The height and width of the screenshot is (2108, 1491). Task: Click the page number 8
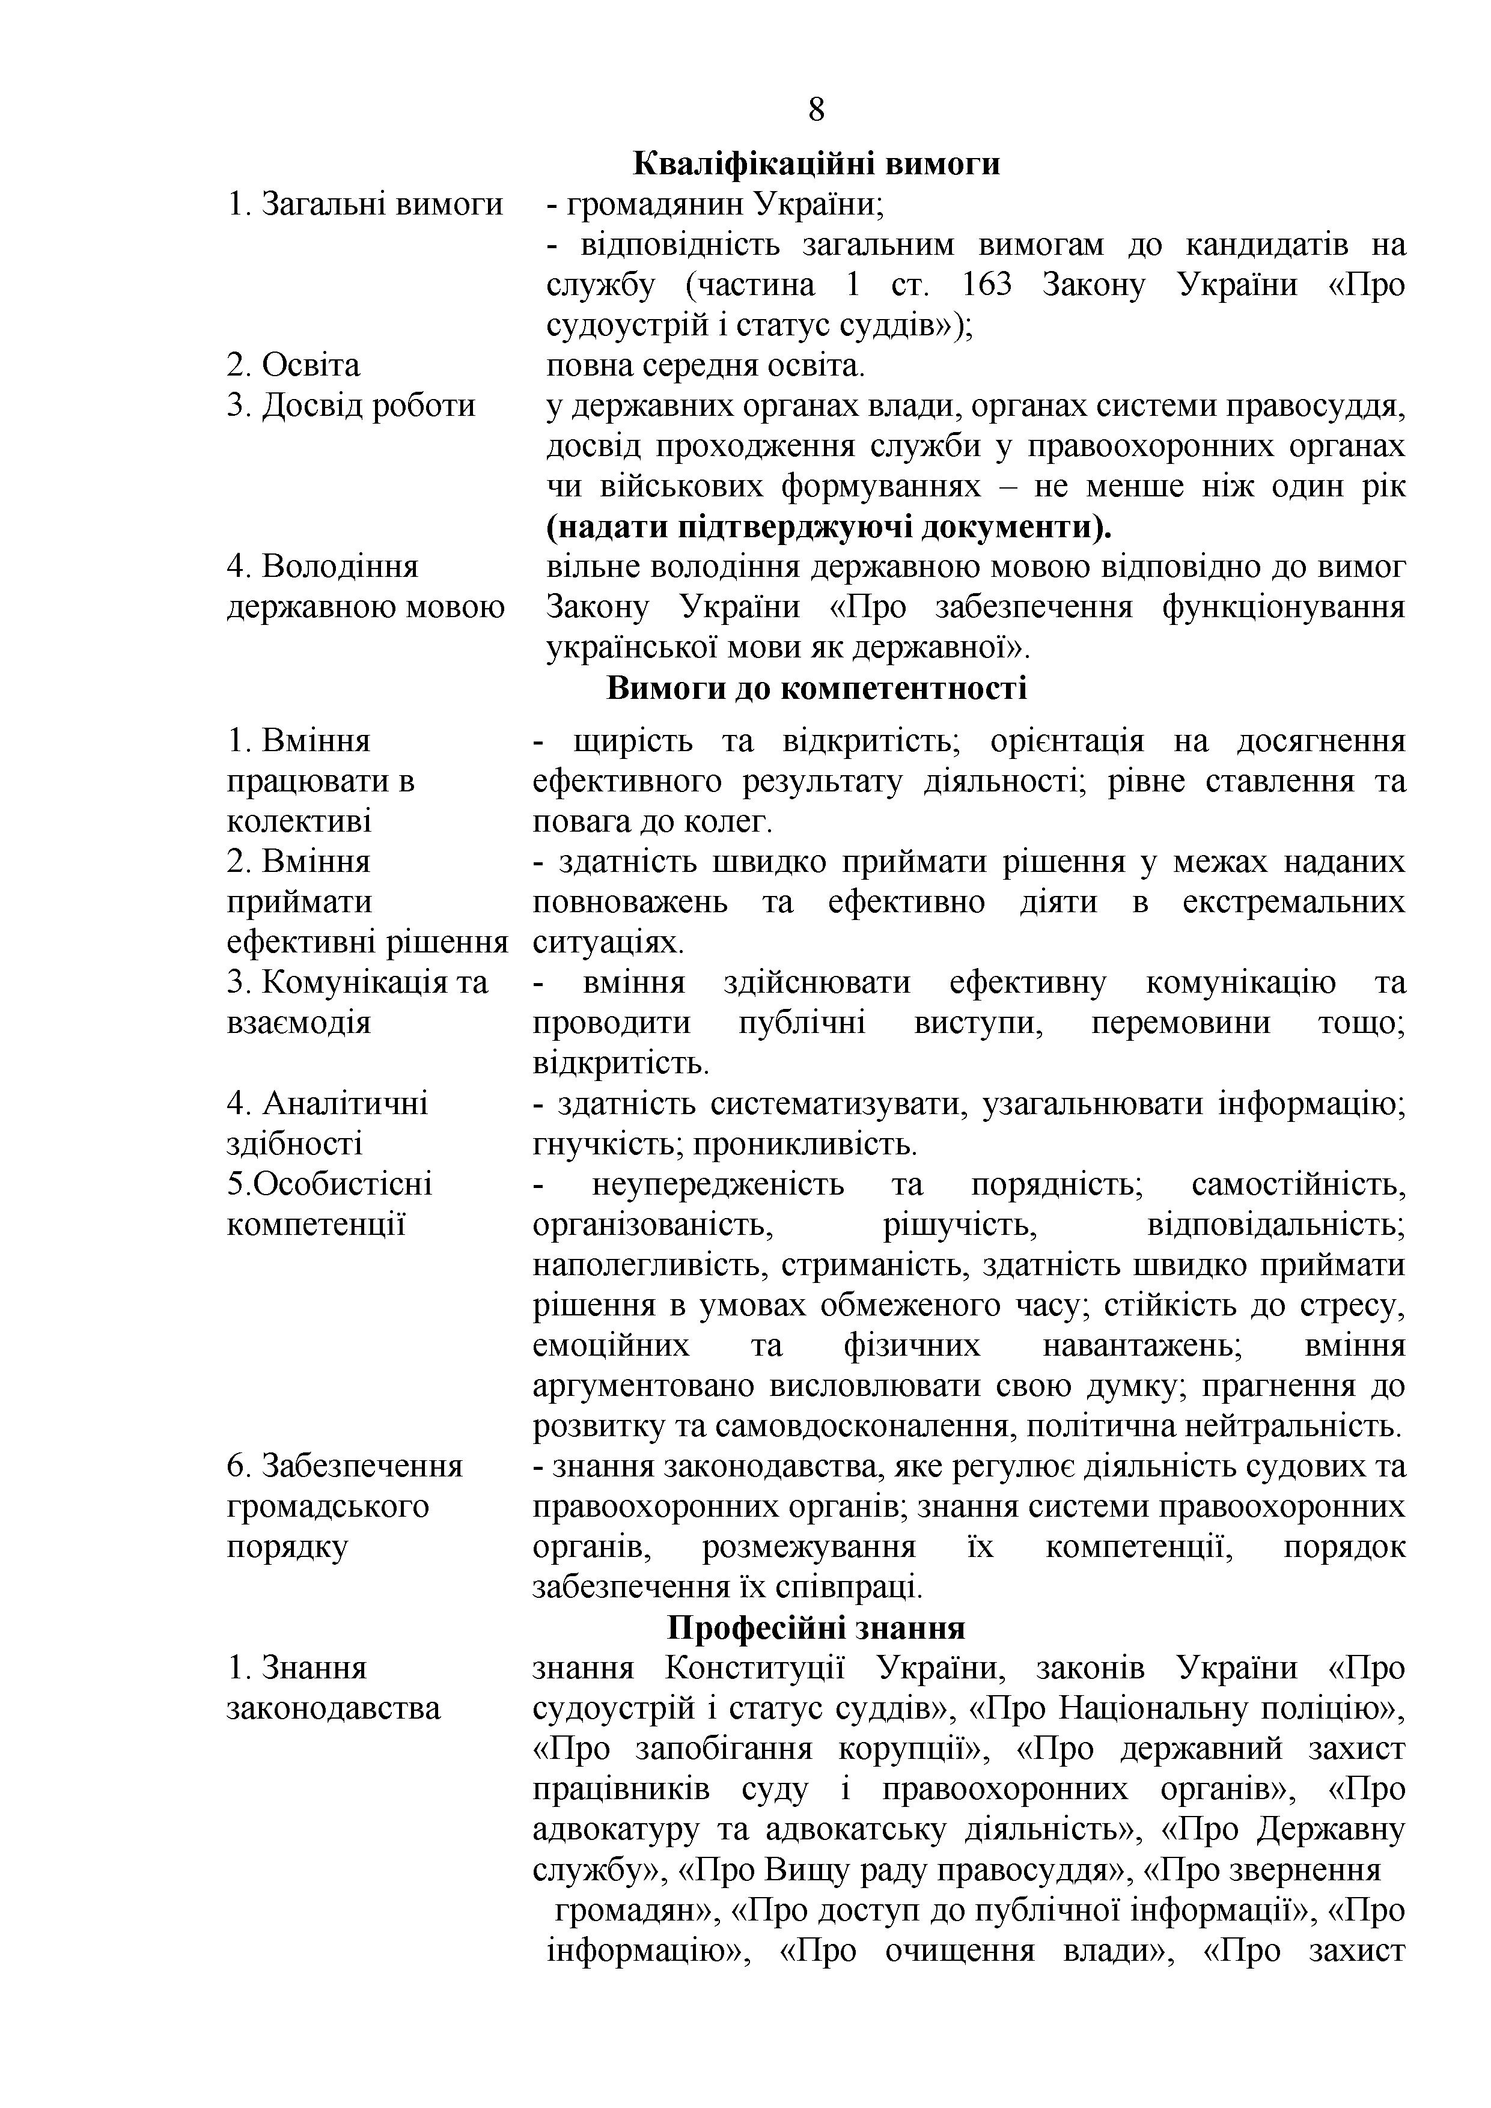(x=816, y=110)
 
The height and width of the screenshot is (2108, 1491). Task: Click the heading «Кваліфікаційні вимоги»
(x=816, y=163)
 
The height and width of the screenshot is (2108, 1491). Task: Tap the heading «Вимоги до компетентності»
(x=816, y=687)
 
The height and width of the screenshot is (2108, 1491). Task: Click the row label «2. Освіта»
(x=293, y=365)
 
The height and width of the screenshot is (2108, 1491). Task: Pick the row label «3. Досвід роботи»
(x=351, y=406)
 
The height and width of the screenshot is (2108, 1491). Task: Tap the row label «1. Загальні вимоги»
(x=365, y=204)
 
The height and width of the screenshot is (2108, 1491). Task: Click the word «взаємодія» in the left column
(x=299, y=1023)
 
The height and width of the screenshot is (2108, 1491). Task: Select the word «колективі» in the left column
(x=299, y=821)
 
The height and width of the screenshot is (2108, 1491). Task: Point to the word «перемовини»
(x=1180, y=1023)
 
